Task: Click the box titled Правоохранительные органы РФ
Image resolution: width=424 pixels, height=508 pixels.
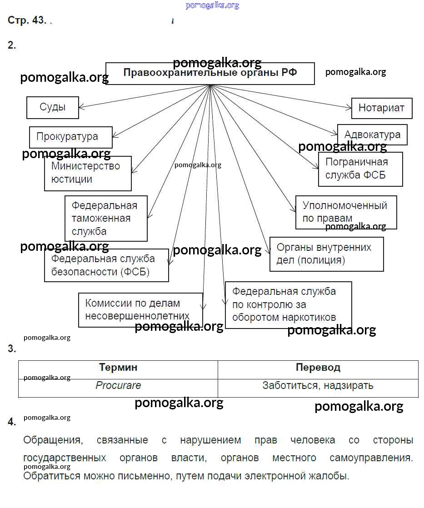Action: coord(210,73)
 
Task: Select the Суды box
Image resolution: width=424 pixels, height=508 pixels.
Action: coord(53,108)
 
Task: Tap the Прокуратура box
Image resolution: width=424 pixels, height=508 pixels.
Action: coord(70,137)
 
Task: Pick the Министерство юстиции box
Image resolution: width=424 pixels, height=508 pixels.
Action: coord(88,173)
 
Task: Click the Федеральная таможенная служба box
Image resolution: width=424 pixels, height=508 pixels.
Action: coord(106,218)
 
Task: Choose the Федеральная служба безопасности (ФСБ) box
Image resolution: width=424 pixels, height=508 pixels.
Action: coord(106,265)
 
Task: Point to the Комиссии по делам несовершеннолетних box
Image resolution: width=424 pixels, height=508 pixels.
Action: coord(140,310)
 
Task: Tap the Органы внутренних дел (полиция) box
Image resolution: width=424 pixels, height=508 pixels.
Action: coord(326,254)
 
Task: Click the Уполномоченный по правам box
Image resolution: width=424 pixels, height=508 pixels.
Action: coord(346,212)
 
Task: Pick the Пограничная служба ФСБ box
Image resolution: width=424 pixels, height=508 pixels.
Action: coord(360,169)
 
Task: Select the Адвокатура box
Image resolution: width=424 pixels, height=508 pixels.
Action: coord(372,134)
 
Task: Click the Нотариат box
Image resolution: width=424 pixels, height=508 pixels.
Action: coord(381,108)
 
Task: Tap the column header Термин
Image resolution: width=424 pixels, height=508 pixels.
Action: coord(118,368)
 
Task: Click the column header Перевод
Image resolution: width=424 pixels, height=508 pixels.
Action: coord(318,368)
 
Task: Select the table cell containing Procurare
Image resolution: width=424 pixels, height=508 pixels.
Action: coord(118,386)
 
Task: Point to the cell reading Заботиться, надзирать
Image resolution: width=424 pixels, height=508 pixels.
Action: coord(318,386)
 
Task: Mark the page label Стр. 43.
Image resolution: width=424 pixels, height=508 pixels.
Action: coord(27,20)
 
